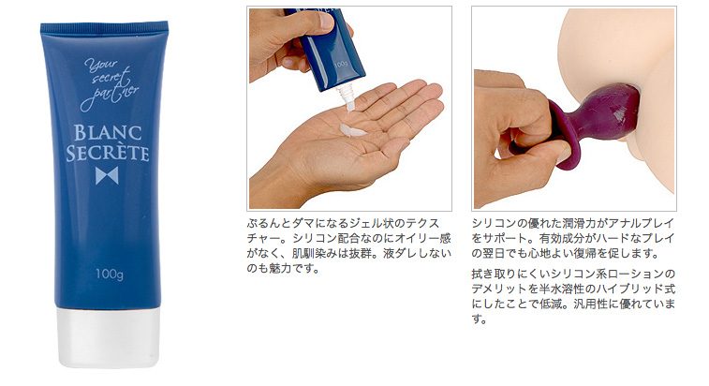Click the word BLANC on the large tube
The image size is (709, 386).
pyautogui.click(x=108, y=133)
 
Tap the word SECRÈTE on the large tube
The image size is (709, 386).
pyautogui.click(x=108, y=153)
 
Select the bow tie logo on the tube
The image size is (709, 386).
pyautogui.click(x=107, y=175)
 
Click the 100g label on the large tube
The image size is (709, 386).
pyautogui.click(x=109, y=275)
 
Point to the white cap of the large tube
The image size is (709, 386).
pyautogui.click(x=108, y=337)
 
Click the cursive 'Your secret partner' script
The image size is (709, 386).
pyautogui.click(x=110, y=85)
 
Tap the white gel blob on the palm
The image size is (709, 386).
pyautogui.click(x=353, y=131)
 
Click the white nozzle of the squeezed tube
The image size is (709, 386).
pyautogui.click(x=346, y=97)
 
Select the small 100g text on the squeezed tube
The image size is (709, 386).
pyautogui.click(x=341, y=65)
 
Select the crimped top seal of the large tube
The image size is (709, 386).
pyautogui.click(x=104, y=26)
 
